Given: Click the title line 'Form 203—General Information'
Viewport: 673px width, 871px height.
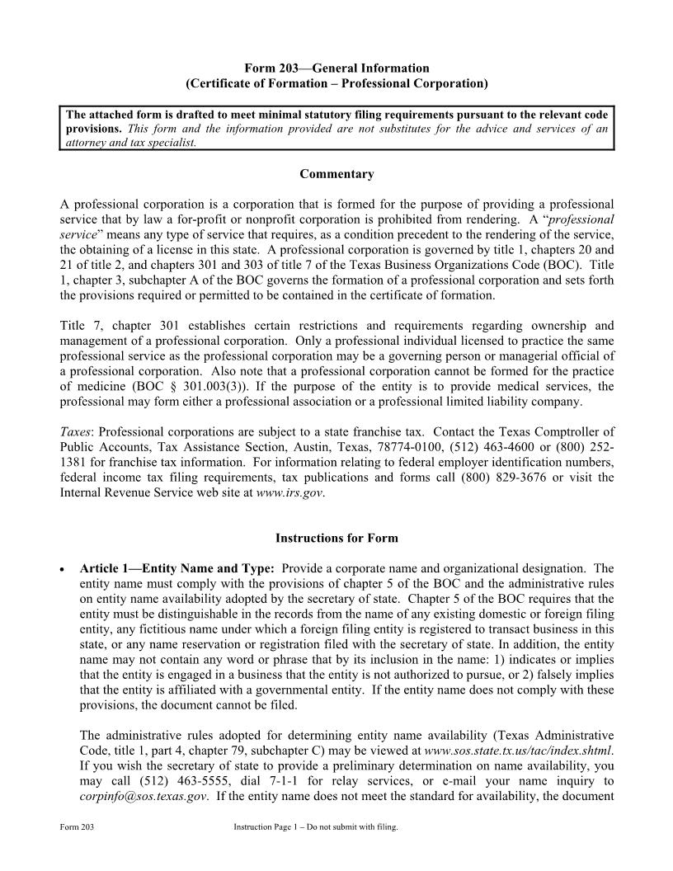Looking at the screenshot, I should tap(336, 68).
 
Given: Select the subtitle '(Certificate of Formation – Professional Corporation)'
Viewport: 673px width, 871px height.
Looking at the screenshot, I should tap(336, 83).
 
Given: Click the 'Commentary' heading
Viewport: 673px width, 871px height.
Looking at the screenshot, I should tap(336, 174).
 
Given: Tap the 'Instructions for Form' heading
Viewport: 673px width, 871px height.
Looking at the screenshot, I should tap(336, 538).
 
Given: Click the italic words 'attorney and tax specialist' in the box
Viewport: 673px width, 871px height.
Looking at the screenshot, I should tap(132, 142).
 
